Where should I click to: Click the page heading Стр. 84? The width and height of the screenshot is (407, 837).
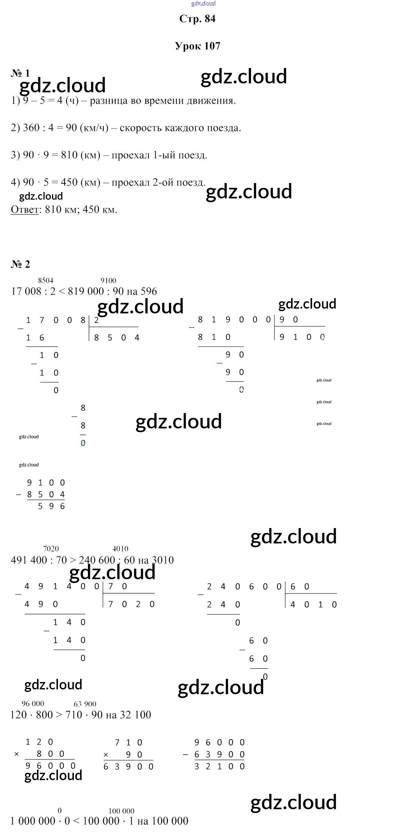(197, 19)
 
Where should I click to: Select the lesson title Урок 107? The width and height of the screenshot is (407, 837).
(197, 46)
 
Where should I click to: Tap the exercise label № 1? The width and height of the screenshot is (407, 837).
(20, 73)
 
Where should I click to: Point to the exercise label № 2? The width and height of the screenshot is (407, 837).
(20, 264)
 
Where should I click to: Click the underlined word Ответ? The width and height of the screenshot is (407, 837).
(25, 210)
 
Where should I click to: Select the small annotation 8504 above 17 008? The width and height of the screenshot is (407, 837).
(46, 280)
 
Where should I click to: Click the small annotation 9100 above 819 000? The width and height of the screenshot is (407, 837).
(108, 280)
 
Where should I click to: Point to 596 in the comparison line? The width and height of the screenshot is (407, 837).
(149, 291)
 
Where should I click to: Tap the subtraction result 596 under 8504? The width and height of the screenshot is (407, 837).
(51, 506)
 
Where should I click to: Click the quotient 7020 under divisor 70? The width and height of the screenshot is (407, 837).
(131, 604)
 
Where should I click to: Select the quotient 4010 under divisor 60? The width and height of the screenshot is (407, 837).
(313, 605)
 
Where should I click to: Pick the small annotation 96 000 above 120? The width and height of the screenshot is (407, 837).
(33, 704)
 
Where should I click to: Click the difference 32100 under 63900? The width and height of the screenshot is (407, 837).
(219, 766)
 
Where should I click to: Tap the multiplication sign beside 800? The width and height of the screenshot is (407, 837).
(17, 754)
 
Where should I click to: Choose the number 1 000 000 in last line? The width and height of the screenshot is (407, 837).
(33, 821)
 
